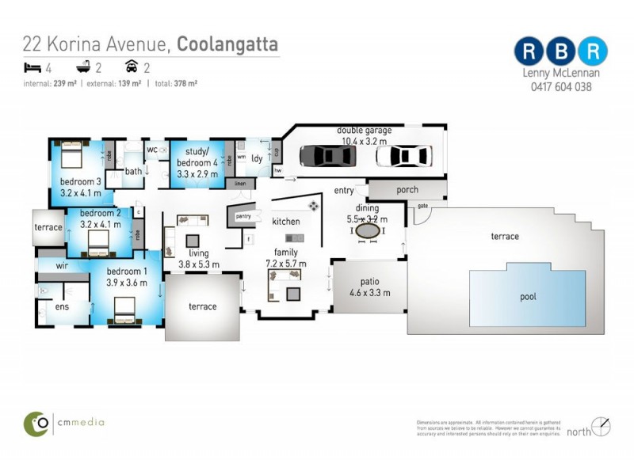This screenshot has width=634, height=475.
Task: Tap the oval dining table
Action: [368, 231]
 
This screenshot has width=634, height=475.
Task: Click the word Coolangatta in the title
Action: [227, 43]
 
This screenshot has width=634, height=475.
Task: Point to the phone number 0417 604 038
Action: [560, 87]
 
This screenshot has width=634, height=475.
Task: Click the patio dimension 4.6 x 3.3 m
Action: [369, 292]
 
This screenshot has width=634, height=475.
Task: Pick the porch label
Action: [407, 190]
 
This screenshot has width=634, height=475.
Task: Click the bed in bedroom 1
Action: [126, 310]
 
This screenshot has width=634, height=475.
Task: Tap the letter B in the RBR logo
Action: [561, 51]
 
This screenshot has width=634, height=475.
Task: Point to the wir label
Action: [61, 266]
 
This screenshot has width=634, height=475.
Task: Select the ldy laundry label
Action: [257, 158]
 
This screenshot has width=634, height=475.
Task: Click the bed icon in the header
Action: [32, 67]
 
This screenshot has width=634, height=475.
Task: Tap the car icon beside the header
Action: [132, 67]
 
